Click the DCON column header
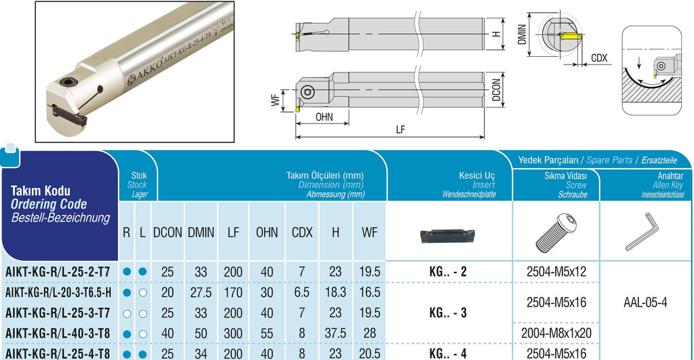point(167,233)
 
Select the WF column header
point(369,233)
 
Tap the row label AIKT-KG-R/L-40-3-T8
point(58,334)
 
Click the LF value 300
point(233,334)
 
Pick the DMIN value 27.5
point(201,293)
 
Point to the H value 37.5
point(335,334)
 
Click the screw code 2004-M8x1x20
point(556,334)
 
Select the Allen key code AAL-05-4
point(645,303)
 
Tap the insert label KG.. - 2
point(448,271)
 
